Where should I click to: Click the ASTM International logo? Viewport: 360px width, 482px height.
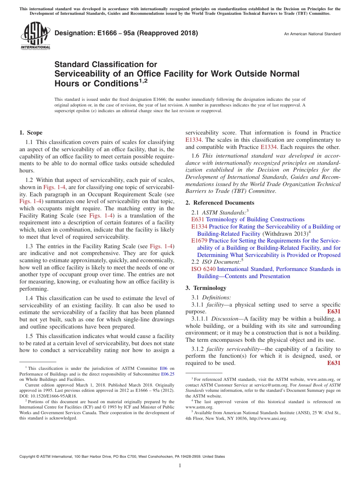pos(35,35)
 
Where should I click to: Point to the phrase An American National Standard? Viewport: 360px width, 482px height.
pos(312,34)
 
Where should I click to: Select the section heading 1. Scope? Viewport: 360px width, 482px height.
pos(31,133)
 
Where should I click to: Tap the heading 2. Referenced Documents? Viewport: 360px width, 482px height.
pos(220,203)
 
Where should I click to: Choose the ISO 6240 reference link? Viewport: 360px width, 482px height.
pos(203,269)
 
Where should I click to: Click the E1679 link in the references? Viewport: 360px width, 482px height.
pos(199,241)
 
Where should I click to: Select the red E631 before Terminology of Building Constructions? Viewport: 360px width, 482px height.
pos(198,219)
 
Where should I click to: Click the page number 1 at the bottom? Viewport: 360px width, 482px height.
pos(180,466)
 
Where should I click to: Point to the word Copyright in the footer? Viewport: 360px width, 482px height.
pos(28,457)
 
